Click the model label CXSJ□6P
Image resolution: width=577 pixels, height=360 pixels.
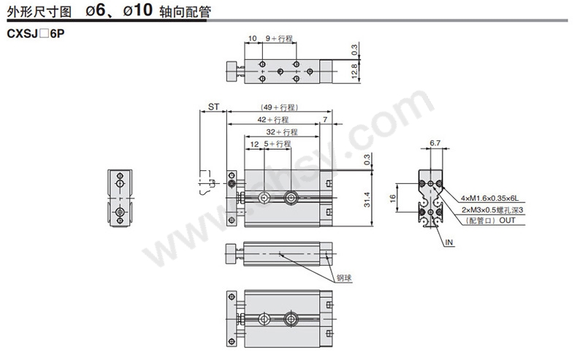[36, 34]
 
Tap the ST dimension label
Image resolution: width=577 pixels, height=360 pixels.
[213, 107]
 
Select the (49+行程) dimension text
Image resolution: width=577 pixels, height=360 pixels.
[279, 107]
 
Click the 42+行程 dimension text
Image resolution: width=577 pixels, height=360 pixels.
[273, 120]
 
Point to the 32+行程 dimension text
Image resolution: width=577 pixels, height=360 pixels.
[282, 131]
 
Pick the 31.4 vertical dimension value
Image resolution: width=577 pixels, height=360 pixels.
[367, 199]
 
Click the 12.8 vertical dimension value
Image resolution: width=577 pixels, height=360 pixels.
[354, 71]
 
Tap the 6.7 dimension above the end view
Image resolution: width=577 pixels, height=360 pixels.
[435, 143]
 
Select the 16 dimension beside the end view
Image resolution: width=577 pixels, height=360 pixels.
[393, 198]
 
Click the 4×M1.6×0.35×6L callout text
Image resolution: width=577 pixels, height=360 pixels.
[490, 199]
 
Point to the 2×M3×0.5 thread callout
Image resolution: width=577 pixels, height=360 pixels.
[492, 210]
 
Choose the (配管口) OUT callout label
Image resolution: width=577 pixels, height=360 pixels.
[491, 221]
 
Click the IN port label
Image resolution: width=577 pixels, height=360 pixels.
[449, 242]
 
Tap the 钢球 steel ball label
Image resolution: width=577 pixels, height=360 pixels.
[344, 278]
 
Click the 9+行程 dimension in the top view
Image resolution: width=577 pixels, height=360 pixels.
[279, 38]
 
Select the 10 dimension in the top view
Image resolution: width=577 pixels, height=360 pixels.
[253, 38]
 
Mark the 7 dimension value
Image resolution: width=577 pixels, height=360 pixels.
[325, 120]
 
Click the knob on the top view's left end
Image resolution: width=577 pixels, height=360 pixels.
[232, 71]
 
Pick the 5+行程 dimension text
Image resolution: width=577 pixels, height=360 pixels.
[277, 144]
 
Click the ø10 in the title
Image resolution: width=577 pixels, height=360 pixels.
[137, 10]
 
